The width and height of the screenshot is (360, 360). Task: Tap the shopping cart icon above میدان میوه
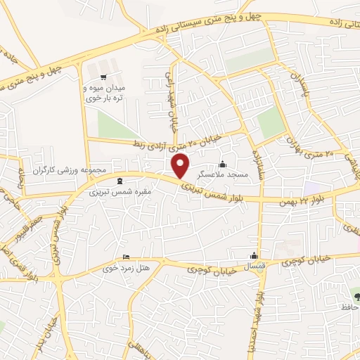(104, 77)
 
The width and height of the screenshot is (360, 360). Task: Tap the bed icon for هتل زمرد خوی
(126, 257)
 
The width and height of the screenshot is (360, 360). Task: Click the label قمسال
(254, 268)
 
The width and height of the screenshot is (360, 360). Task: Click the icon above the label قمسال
(254, 257)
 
